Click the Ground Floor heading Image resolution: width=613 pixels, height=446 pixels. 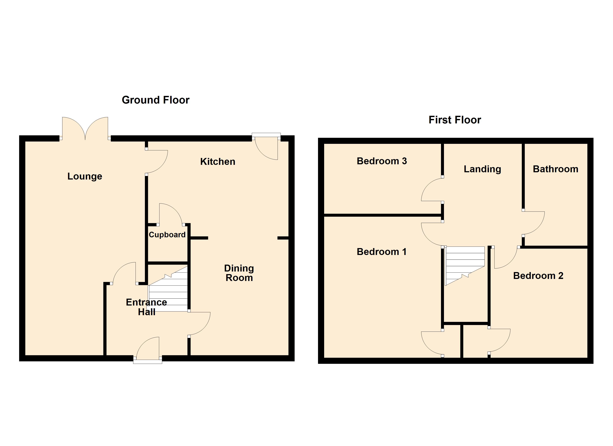click(x=155, y=100)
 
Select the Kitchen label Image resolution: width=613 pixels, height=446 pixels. click(x=218, y=162)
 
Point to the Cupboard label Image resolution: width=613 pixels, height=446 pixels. click(x=167, y=235)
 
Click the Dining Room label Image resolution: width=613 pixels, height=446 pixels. click(x=239, y=273)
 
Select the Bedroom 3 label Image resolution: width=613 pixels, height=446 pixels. click(x=382, y=161)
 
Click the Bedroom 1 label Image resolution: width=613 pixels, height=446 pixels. click(x=381, y=252)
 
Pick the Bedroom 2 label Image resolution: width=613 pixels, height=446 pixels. click(x=538, y=276)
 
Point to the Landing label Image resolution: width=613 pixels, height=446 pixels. click(x=482, y=169)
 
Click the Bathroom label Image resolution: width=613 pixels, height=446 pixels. click(x=555, y=169)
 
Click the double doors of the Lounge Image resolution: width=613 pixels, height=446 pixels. click(x=85, y=128)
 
